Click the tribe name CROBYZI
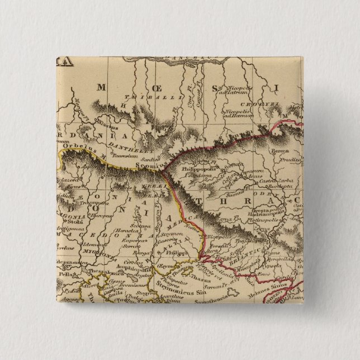pos(253,104)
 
